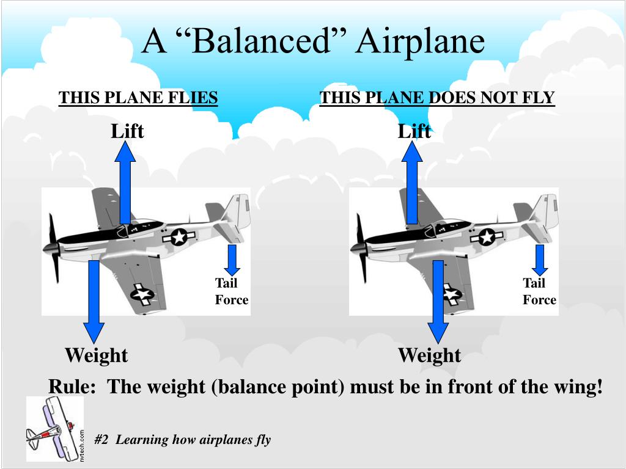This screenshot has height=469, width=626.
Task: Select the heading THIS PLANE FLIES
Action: [x=138, y=98]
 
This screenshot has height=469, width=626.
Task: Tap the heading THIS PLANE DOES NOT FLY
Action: [x=437, y=98]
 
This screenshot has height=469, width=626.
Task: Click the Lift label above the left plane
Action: [x=127, y=131]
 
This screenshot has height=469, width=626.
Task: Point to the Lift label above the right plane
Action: [x=414, y=131]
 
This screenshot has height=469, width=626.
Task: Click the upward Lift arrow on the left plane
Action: [x=125, y=183]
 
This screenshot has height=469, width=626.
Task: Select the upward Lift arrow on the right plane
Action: [x=412, y=183]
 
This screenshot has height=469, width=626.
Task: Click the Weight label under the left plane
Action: [x=96, y=355]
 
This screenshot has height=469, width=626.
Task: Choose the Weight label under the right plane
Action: [x=429, y=355]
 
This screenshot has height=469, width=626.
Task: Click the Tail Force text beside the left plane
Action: [x=231, y=291]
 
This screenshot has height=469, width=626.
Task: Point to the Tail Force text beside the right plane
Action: [x=539, y=291]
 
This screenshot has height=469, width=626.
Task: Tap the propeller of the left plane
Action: [x=53, y=247]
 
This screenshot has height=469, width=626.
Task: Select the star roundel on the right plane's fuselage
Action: [x=487, y=236]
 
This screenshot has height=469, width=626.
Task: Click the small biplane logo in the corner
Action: [x=54, y=429]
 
